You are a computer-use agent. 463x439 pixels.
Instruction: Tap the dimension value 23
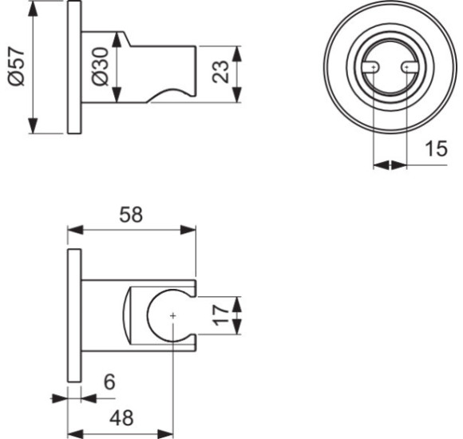[225, 73]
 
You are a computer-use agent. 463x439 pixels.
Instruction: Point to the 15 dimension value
[435, 148]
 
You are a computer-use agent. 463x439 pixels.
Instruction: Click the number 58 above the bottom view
[131, 214]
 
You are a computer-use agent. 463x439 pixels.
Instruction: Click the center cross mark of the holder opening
[172, 316]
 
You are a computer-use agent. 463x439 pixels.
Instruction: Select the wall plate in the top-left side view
[74, 69]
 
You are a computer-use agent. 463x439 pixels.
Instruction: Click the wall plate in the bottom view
[74, 316]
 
